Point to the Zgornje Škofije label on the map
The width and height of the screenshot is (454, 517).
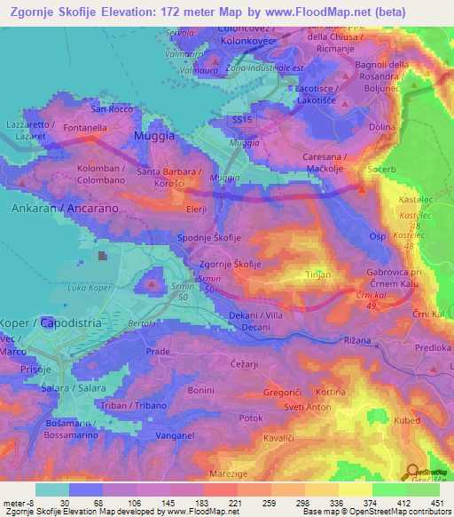tap(230, 265)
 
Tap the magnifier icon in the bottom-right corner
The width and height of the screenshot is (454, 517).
tap(413, 473)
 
